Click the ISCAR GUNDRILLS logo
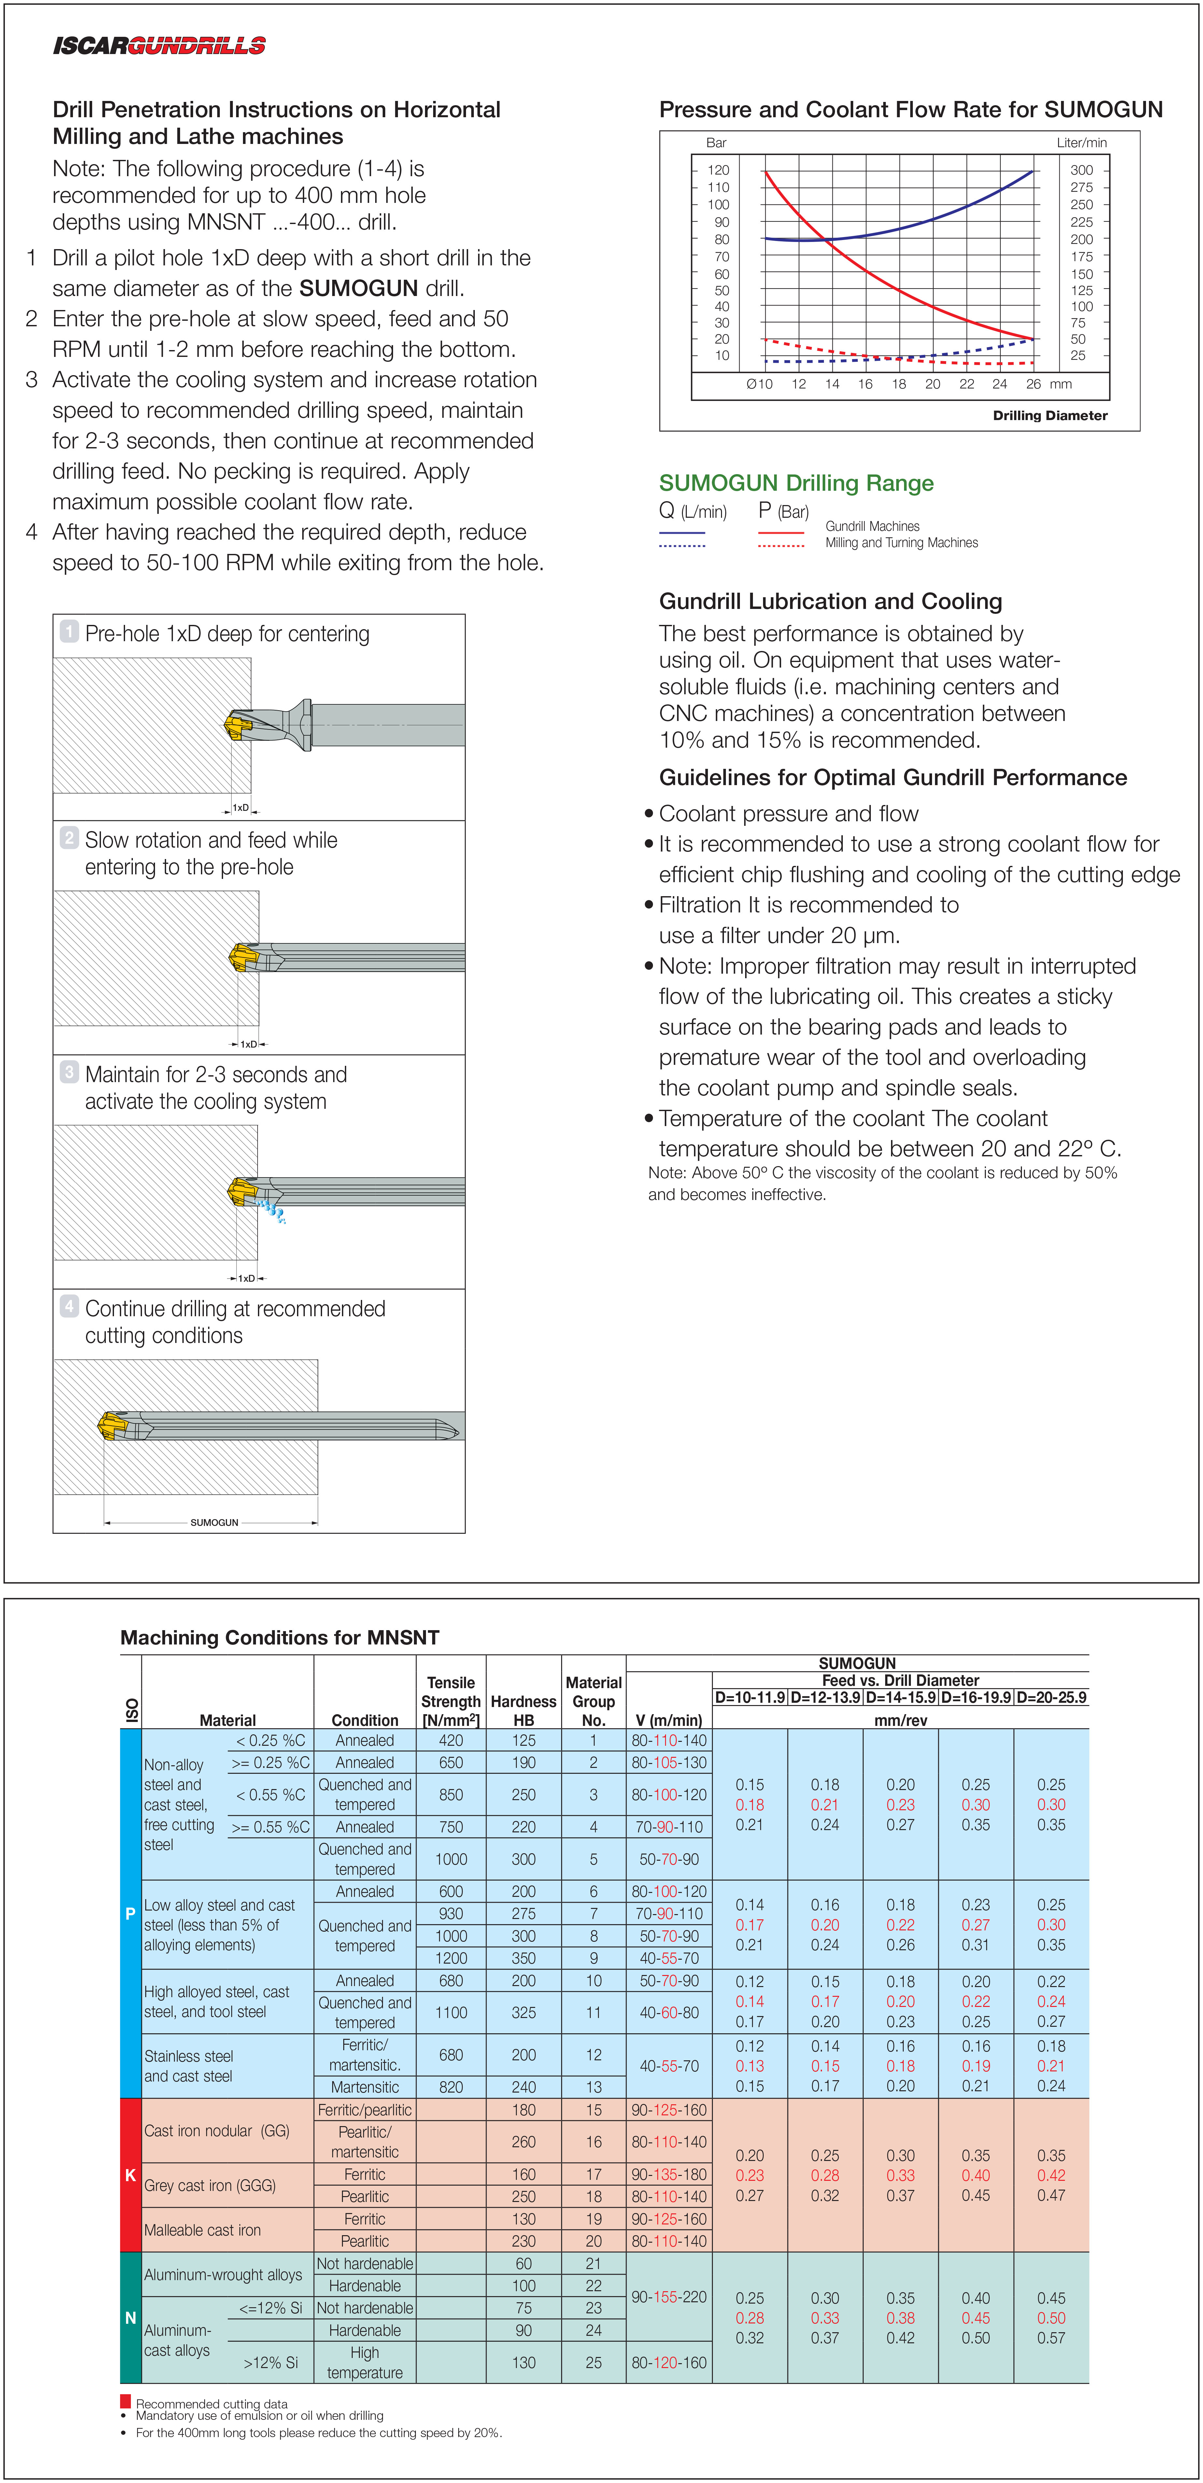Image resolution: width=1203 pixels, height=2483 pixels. tap(159, 45)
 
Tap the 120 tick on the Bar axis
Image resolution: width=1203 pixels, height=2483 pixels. tap(718, 170)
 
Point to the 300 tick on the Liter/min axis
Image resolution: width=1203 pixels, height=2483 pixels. tap(1082, 170)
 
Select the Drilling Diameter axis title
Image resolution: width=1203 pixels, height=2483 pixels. tap(1050, 416)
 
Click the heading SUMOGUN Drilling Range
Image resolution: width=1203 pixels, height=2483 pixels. tap(796, 483)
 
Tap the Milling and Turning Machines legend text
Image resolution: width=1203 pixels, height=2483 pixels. tap(901, 543)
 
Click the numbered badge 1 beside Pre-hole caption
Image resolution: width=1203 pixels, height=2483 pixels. tap(69, 631)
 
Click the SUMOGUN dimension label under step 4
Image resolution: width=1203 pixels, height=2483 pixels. tap(214, 1522)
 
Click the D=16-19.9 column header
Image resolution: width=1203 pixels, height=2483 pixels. tap(975, 1698)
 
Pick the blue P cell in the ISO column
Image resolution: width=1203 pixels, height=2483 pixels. tap(130, 1913)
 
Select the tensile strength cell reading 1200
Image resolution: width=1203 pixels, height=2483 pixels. tap(451, 1958)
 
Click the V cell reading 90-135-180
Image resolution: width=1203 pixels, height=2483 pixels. tap(669, 2175)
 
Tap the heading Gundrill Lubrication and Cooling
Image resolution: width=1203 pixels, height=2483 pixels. tap(830, 601)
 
